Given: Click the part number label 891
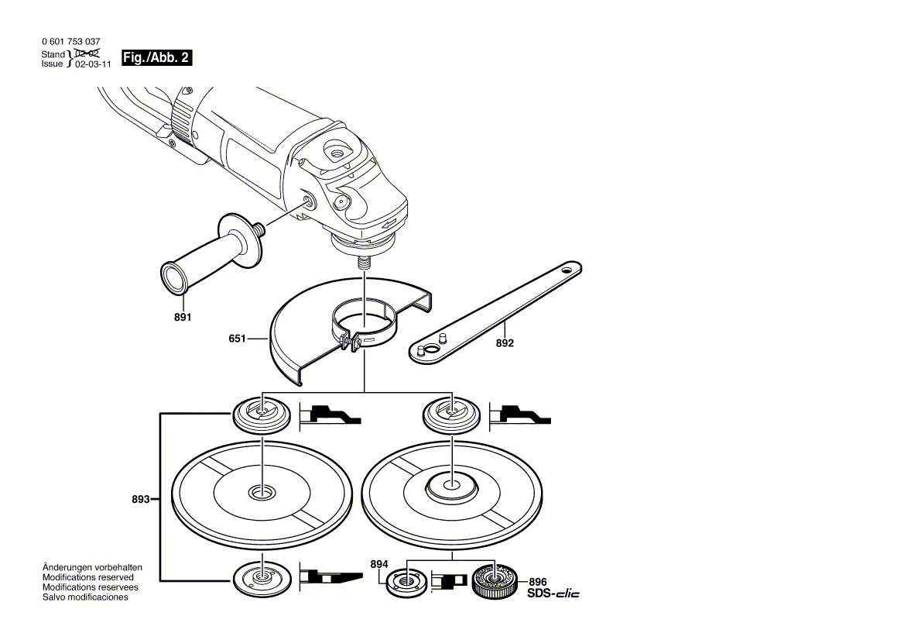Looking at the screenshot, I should click(x=182, y=318).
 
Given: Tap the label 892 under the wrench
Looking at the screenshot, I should click(x=505, y=342).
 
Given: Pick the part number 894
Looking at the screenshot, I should click(x=378, y=565).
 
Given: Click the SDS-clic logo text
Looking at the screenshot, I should click(x=553, y=594).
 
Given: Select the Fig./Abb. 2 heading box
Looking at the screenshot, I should click(x=156, y=58).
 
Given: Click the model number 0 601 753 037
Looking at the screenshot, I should click(x=70, y=42).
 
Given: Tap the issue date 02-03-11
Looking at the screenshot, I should click(x=93, y=65).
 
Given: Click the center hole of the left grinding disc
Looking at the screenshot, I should click(x=261, y=492).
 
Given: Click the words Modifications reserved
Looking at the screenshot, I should click(x=87, y=577).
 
